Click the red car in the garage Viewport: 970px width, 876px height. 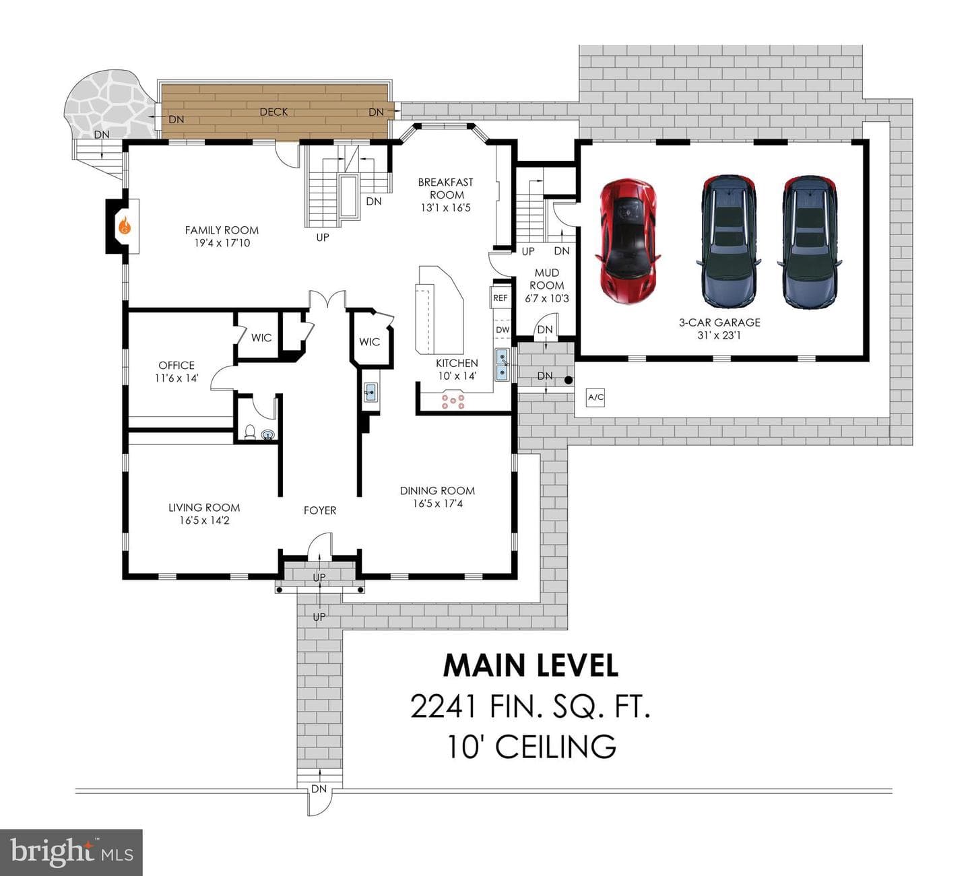pos(628,241)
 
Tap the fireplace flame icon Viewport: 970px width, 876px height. pos(125,226)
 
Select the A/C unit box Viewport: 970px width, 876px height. pos(595,397)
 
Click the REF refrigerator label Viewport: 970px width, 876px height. pos(500,298)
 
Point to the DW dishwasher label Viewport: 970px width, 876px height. pos(503,330)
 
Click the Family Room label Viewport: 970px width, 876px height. pos(222,230)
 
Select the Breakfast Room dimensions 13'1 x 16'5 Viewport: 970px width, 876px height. pos(445,208)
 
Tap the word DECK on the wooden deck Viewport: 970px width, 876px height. pos(273,112)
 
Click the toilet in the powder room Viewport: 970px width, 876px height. pos(250,431)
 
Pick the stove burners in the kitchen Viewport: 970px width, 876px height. pos(453,401)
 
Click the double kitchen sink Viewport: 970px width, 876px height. pos(503,365)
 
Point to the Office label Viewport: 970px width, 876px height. pos(176,366)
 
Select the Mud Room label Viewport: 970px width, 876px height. pos(546,279)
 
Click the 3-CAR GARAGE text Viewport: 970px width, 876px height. pos(719,323)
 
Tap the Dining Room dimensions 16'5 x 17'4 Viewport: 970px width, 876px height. pos(438,503)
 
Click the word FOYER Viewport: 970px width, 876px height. pos(319,510)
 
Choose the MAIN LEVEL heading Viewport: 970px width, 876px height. pos(530,665)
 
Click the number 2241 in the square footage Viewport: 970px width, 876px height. pos(443,706)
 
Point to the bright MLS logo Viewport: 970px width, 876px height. pos(71,852)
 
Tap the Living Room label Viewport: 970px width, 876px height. pos(204,508)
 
